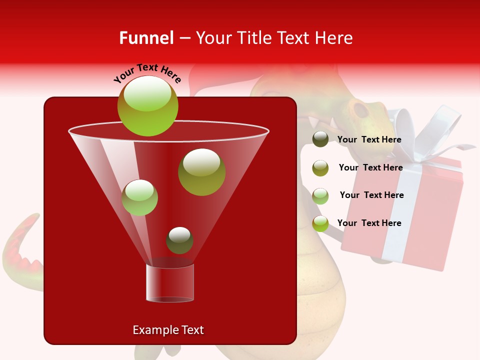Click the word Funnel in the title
(146, 38)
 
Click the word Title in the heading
(253, 38)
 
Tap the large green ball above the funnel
(147, 106)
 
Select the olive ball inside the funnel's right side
(201, 172)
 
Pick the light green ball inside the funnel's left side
(139, 197)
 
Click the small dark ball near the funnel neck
(179, 240)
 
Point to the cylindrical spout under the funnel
(170, 283)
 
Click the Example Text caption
(168, 330)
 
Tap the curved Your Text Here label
(147, 73)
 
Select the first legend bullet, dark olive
(320, 139)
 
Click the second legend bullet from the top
(320, 168)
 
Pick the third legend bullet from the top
(320, 196)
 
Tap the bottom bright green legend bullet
(320, 223)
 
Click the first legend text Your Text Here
(369, 139)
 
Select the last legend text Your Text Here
(369, 223)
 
